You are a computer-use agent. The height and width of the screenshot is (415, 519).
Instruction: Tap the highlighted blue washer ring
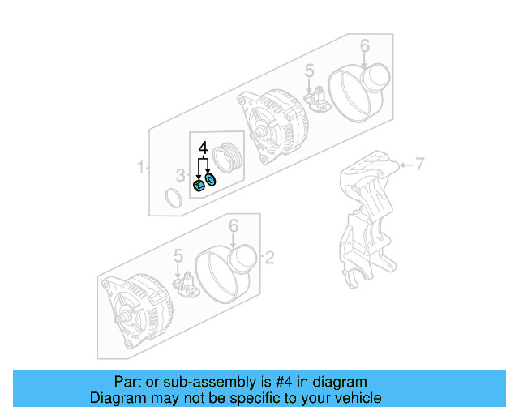(x=211, y=178)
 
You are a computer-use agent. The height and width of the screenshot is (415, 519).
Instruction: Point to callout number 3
(x=181, y=173)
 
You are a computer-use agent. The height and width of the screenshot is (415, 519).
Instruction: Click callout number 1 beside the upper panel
(x=140, y=168)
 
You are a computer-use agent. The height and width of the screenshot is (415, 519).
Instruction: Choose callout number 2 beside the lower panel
(x=270, y=259)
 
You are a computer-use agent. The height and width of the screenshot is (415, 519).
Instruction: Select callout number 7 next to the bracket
(x=420, y=165)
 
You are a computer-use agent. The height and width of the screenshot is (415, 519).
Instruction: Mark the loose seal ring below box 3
(x=174, y=198)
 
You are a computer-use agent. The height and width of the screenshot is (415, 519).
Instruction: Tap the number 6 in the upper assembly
(x=364, y=45)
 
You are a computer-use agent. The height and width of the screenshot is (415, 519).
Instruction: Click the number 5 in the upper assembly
(x=309, y=74)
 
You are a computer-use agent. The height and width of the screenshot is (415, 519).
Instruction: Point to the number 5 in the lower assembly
(x=178, y=257)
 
